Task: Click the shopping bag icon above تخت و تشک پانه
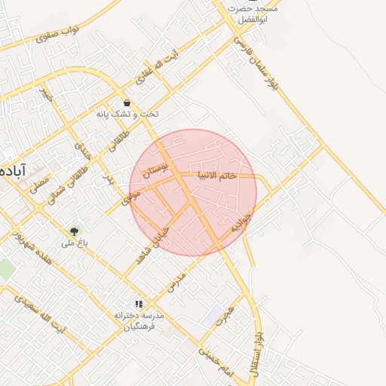tap(126, 103)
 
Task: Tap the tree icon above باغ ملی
tap(74, 231)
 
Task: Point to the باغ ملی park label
tap(75, 243)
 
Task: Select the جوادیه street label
tap(238, 221)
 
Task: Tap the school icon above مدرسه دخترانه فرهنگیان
tap(138, 303)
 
